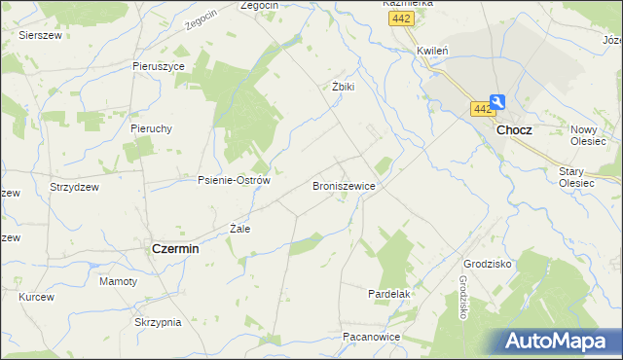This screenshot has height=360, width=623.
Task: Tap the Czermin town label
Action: point(175,248)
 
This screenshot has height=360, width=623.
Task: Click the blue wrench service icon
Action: point(497,101)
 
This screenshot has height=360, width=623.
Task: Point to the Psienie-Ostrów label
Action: point(233,180)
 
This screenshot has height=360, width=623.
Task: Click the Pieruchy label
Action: point(151,127)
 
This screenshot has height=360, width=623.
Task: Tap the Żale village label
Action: point(239,229)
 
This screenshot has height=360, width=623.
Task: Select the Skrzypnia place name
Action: point(159,321)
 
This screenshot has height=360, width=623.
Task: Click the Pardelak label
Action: point(388,293)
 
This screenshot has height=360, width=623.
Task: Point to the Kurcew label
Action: point(36,296)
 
